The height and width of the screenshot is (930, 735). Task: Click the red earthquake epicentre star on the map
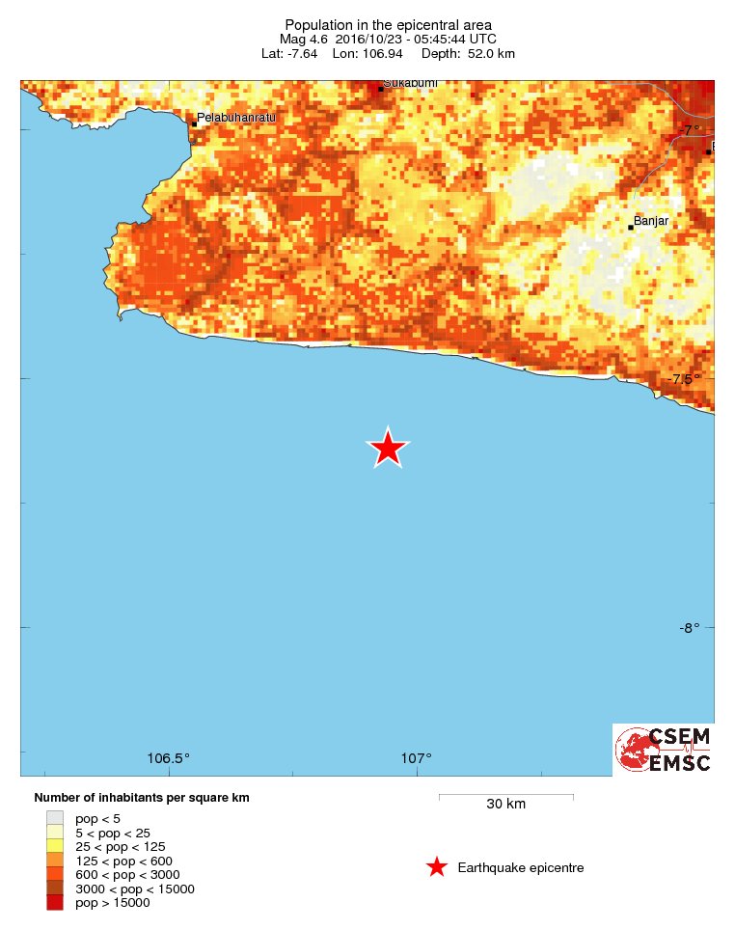pos(388,449)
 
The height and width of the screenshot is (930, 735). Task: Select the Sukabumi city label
pos(410,84)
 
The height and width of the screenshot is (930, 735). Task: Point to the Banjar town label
pos(651,221)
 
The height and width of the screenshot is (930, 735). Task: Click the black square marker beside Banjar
pos(631,228)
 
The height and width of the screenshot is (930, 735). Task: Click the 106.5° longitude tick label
pos(169,757)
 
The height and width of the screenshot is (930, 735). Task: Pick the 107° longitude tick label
pos(417,757)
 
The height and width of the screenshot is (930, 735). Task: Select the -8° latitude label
pos(689,628)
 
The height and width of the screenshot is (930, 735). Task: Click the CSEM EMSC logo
pos(664,750)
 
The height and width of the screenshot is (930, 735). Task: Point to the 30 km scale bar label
pos(505,805)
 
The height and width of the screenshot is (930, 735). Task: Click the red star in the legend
pos(437,867)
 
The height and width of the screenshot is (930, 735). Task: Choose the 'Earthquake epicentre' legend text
pos(521,868)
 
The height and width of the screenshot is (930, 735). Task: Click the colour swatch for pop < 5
pos(55,818)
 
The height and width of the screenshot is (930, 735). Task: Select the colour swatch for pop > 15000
pos(55,903)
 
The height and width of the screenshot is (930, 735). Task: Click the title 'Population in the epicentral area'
pos(387,24)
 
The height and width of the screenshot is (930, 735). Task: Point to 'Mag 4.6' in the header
pos(302,39)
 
